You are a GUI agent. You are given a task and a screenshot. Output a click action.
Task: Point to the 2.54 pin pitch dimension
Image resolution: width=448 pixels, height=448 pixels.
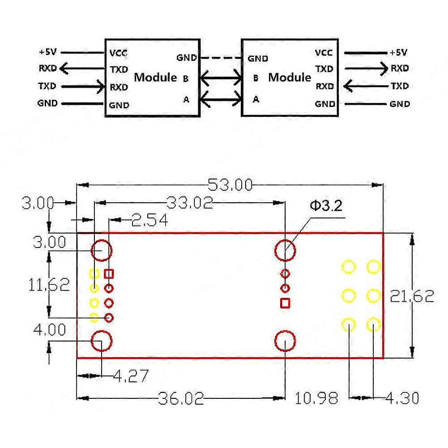149,220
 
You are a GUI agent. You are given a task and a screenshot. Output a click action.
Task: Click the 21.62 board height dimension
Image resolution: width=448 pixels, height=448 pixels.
412,296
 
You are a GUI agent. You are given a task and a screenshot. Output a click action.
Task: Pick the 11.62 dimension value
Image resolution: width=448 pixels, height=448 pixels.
49,285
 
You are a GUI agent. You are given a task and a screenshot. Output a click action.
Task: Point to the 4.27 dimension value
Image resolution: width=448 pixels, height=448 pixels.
130,376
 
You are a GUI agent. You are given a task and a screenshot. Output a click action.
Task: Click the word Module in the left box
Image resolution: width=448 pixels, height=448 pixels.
155,77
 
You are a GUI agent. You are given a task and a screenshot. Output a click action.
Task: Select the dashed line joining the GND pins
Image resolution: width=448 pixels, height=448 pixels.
222,58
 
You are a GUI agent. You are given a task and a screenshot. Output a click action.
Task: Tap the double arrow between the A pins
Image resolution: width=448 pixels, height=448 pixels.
221,98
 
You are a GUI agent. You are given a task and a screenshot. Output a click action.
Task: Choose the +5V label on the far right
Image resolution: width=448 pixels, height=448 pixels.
398,52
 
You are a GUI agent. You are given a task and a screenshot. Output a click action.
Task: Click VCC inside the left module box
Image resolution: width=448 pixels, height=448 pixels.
119,53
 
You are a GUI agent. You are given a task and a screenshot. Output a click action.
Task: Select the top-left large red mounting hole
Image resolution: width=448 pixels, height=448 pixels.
102,251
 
